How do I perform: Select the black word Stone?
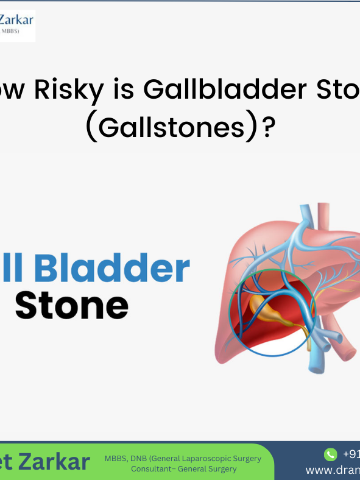click(72, 305)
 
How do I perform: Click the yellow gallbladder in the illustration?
click(267, 312)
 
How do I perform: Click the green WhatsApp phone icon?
click(331, 454)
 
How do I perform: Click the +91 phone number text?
click(351, 454)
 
